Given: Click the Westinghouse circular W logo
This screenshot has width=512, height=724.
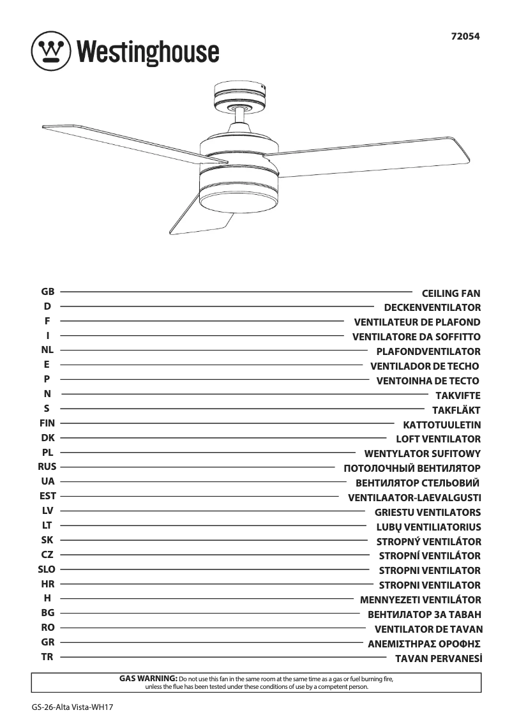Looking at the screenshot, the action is point(51,50).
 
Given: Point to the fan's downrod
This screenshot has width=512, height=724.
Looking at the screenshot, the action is point(240,117).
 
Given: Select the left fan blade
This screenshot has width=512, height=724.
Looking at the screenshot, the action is point(128,142).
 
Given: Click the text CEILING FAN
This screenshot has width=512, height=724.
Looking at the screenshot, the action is point(451,294).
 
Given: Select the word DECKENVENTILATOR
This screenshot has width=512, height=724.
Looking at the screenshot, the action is point(432,308).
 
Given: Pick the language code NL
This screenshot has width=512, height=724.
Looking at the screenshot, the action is point(47,350).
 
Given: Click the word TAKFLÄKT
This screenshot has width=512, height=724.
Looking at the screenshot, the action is point(456,411).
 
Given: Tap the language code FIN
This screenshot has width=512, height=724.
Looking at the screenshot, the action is point(47,423).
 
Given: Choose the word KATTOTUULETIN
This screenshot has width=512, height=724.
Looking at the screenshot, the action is point(442,425).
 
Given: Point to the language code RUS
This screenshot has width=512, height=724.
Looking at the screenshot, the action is point(47,467).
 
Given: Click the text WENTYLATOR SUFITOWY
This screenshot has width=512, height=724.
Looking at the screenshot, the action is point(422,454).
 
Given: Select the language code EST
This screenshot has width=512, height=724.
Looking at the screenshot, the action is point(47,496).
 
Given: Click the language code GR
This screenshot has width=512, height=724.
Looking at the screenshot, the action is point(47,642).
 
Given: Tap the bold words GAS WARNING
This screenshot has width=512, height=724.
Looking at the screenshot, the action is point(148,678).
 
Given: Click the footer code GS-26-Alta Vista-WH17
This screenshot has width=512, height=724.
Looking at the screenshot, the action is point(67,707).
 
